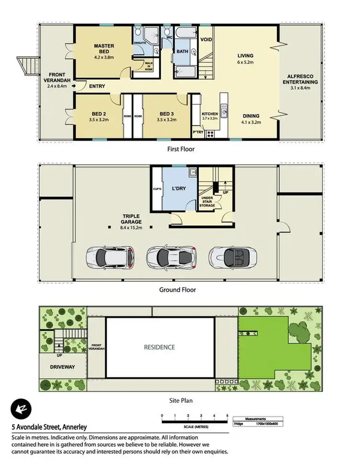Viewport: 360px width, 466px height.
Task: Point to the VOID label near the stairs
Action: pos(206,39)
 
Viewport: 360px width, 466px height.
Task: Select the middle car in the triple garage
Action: pos(166,257)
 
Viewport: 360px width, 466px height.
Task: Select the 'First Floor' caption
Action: pos(180,149)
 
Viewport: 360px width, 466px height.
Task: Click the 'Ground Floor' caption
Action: pos(178,290)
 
